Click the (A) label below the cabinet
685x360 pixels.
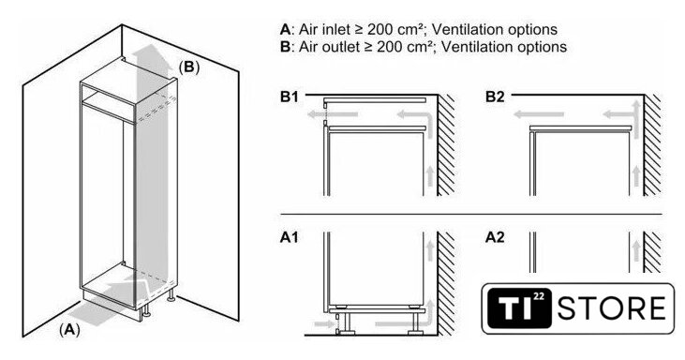pyautogui.click(x=69, y=330)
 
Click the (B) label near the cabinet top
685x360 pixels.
pyautogui.click(x=188, y=67)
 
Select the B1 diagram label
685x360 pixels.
pyautogui.click(x=290, y=97)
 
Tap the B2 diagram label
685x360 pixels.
pyautogui.click(x=495, y=97)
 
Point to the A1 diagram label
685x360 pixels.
pyautogui.click(x=290, y=237)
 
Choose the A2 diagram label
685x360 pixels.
pyautogui.click(x=495, y=237)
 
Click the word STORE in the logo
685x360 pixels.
pyautogui.click(x=612, y=308)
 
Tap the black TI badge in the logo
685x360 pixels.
pyautogui.click(x=518, y=308)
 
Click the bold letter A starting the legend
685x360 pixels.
pyautogui.click(x=285, y=30)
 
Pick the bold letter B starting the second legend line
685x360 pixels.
pyautogui.click(x=285, y=46)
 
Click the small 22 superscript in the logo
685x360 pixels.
pyautogui.click(x=539, y=296)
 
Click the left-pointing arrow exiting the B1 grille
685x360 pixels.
pyautogui.click(x=332, y=115)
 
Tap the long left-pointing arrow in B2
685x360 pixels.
pyautogui.click(x=538, y=115)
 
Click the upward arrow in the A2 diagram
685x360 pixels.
pyautogui.click(x=636, y=250)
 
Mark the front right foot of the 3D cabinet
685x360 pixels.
pyautogui.click(x=148, y=311)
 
